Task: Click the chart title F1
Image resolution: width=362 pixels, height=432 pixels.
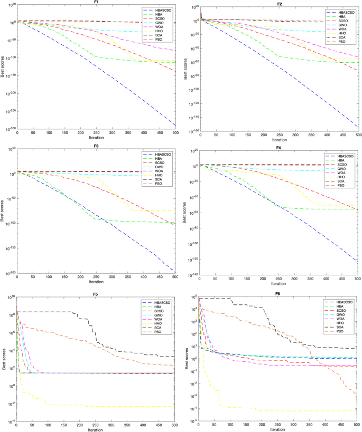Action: [x=96, y=3]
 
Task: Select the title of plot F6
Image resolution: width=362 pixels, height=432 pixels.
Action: [x=278, y=293]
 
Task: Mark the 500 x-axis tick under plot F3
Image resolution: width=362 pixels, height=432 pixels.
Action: [x=175, y=276]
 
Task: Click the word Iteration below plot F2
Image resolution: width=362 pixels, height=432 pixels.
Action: [x=278, y=140]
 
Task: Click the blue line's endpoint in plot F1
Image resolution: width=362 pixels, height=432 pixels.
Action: [x=175, y=125]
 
